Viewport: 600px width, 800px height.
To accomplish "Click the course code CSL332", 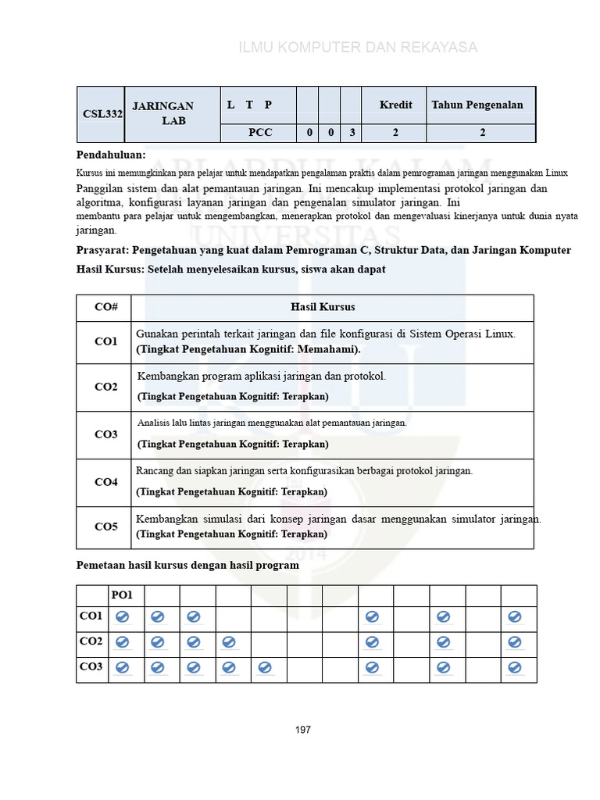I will tap(103, 114).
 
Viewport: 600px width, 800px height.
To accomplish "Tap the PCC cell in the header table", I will tap(260, 133).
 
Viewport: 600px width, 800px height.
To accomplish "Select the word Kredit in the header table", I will tap(395, 105).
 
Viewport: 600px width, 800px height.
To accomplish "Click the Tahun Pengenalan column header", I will tap(477, 105).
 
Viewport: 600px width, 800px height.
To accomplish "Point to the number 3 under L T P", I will tap(352, 133).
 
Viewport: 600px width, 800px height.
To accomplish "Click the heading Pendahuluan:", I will tap(111, 155).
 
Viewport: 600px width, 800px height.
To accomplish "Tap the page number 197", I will tap(303, 730).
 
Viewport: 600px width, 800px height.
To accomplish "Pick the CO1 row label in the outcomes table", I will tap(106, 341).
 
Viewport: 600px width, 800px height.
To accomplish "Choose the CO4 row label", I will tap(106, 482).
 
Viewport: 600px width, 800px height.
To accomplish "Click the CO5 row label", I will tap(106, 527).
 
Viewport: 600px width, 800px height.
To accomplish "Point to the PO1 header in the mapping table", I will tap(122, 595).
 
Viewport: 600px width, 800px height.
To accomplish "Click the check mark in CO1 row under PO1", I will tap(122, 617).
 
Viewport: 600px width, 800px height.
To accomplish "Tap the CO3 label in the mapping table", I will tap(91, 666).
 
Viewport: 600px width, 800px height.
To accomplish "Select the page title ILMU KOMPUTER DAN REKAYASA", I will tap(358, 48).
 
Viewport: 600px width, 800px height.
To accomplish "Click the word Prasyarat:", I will tap(102, 250).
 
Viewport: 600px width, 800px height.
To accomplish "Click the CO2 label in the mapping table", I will tap(91, 641).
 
